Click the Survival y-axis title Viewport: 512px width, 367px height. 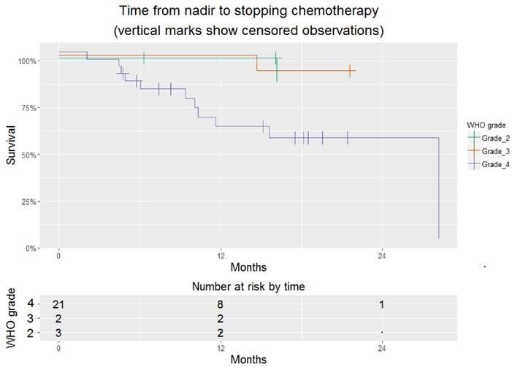(12, 155)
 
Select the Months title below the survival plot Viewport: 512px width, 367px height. (248, 267)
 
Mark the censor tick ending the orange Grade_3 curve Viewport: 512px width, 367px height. (351, 70)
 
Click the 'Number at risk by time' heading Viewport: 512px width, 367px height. (248, 287)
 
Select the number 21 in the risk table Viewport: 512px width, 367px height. (59, 304)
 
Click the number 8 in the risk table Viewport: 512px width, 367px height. (220, 304)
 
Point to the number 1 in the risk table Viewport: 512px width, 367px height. (381, 304)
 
